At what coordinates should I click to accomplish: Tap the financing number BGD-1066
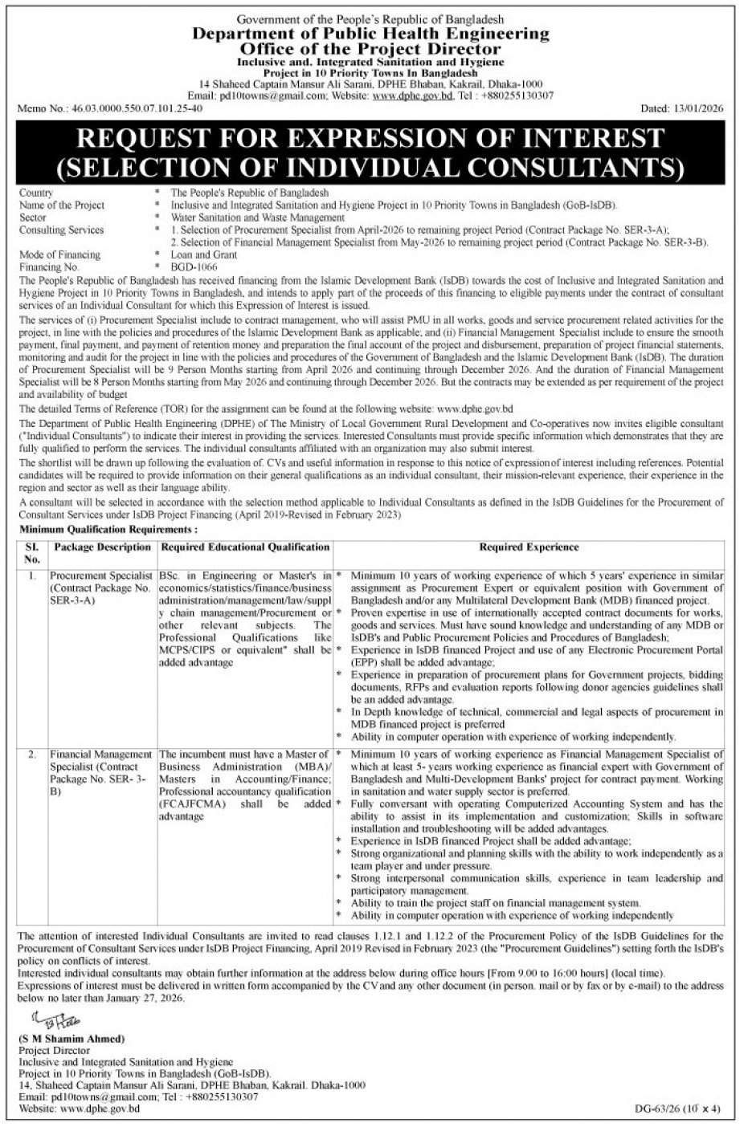[194, 266]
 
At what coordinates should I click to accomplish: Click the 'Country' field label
[36, 193]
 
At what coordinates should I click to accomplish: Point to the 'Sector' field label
[33, 218]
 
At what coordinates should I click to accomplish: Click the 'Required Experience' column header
[529, 547]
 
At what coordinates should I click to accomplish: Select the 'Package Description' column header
[100, 547]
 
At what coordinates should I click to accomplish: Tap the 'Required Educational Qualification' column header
[245, 547]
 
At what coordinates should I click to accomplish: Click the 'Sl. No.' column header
[31, 553]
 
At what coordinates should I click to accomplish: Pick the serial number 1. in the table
[31, 576]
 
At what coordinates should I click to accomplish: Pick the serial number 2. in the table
[31, 755]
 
